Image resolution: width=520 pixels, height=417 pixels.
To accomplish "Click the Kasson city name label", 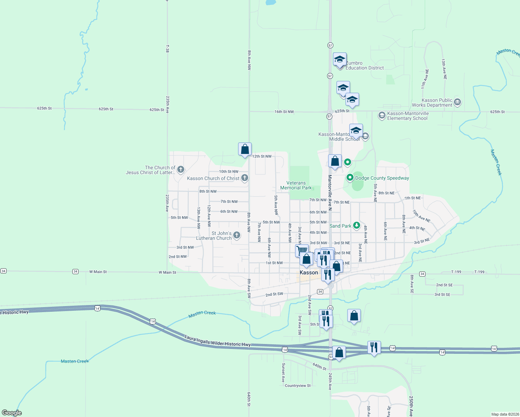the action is coord(309,272).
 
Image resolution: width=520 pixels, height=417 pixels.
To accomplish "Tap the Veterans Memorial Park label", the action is coord(296,185).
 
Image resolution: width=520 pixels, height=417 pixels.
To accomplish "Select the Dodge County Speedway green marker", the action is coord(350,178).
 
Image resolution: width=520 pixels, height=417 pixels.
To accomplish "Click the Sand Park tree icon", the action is coord(356,226).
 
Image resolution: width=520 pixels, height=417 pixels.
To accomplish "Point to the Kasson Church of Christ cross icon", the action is coord(245,178).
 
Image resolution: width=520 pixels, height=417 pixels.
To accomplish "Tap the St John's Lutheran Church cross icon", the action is coord(237,235).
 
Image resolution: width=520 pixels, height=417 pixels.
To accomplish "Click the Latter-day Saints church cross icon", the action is coord(180,170).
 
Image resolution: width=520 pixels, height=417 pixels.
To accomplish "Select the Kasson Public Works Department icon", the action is coord(457,102).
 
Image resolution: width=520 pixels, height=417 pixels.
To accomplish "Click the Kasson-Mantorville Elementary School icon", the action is coord(382,115).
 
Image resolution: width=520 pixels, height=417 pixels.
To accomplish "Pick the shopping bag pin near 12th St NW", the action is coord(245,149).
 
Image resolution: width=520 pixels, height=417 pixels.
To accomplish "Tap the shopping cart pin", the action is coord(302,250).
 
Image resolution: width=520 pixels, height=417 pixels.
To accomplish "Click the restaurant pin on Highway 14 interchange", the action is coord(374,347).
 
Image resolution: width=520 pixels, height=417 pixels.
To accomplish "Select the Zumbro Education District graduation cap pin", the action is coord(340,59).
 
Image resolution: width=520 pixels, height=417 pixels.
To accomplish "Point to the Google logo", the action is coord(12,413).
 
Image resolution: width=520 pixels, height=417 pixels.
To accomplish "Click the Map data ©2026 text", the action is coord(505,414).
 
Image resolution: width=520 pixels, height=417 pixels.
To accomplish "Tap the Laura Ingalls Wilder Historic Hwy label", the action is coord(218,341).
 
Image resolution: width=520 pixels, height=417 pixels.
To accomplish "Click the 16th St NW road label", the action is coord(284,112).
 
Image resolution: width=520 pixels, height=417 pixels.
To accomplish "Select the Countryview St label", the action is coord(298,386).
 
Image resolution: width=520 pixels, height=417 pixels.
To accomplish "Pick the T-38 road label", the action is coord(168,49).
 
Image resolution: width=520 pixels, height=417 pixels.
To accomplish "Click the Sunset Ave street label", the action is coord(283,373).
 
